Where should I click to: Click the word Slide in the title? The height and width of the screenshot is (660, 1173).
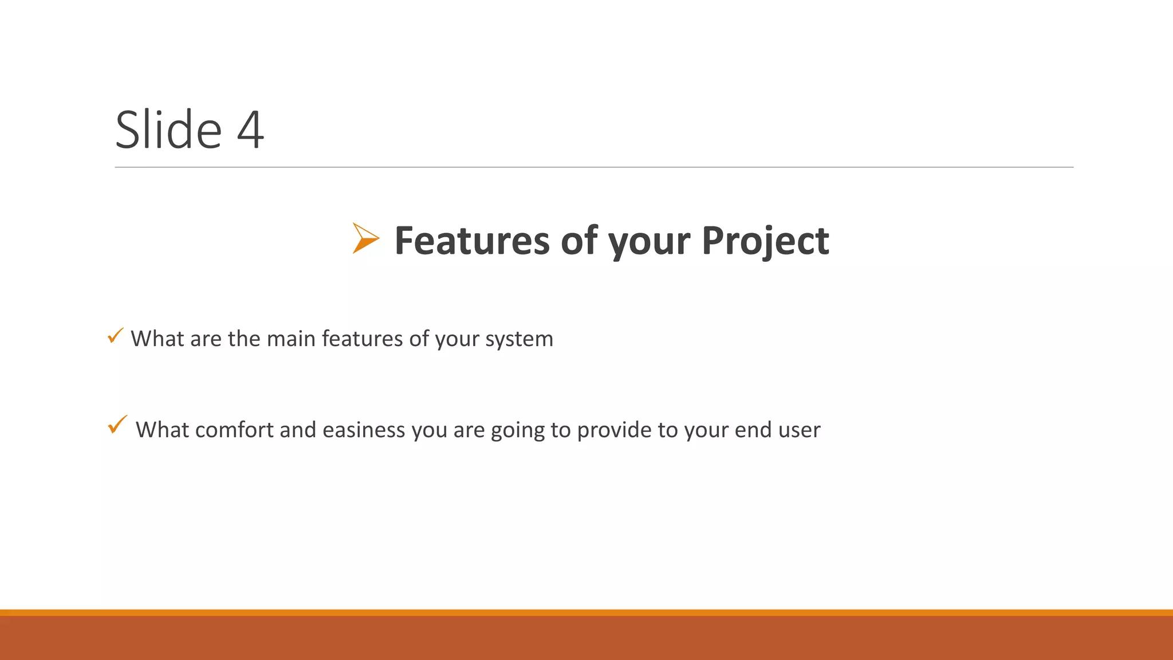click(168, 130)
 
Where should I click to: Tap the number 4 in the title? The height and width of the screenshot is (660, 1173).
click(251, 131)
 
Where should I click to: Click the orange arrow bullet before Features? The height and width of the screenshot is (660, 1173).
click(365, 238)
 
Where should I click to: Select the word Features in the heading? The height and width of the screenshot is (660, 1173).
click(472, 241)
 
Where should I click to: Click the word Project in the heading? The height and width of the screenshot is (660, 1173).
click(765, 242)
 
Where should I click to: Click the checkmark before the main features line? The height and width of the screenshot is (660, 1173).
click(115, 336)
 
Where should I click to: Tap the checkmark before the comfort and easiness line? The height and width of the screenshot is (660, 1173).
click(117, 425)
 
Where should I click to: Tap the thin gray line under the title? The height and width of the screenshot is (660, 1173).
click(594, 167)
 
